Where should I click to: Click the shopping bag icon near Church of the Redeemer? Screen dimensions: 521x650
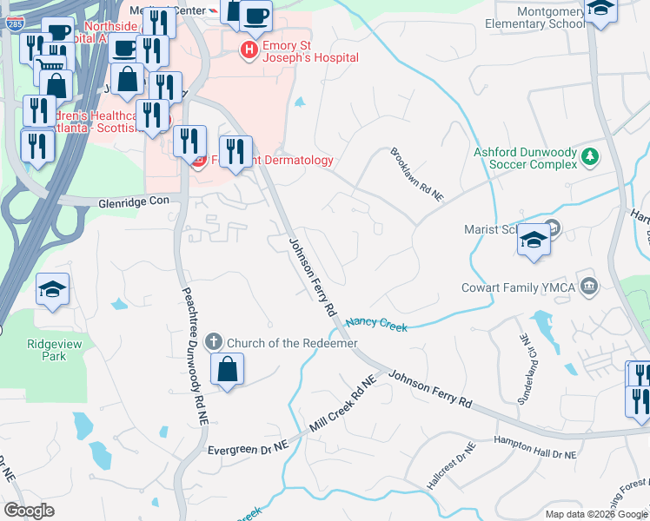pos(227,369)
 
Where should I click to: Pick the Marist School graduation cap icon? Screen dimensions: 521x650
pos(533,241)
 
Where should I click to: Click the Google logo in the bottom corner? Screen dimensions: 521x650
pos(30,511)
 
